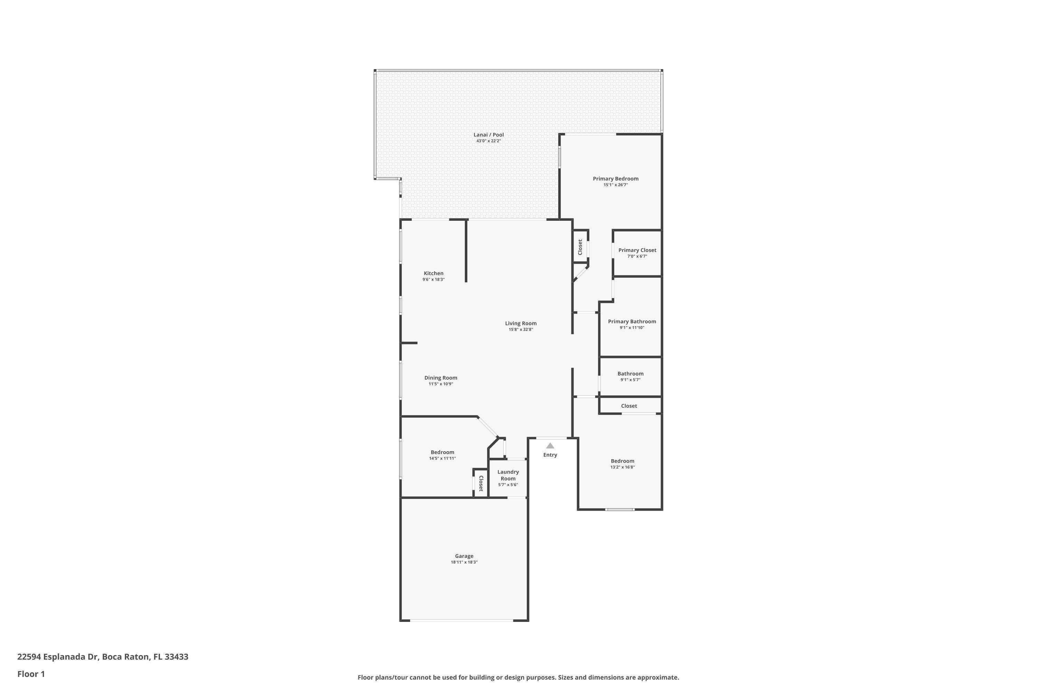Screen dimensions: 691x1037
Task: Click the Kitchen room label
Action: (x=433, y=273)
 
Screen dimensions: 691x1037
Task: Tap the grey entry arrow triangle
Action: (x=550, y=446)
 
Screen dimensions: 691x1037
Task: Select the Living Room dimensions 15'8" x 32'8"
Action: (x=521, y=330)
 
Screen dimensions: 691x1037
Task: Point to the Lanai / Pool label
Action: (x=488, y=135)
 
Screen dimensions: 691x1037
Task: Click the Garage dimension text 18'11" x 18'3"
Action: (x=464, y=562)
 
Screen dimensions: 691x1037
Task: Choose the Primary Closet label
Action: (x=637, y=250)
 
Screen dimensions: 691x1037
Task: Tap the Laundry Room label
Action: (x=508, y=475)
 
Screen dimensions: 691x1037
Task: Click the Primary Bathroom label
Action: (x=632, y=322)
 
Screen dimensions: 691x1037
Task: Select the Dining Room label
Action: (x=440, y=378)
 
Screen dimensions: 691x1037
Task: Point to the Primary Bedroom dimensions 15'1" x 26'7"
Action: (x=616, y=185)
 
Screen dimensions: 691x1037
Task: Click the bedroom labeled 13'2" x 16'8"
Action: (x=622, y=461)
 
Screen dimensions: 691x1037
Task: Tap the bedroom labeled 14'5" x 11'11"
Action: (x=442, y=452)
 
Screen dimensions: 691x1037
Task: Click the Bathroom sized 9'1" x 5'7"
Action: (x=630, y=374)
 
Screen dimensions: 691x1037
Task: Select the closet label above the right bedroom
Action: (x=629, y=406)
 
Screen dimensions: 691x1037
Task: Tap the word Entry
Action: (x=550, y=455)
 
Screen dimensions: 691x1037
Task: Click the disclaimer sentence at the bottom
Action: (x=518, y=677)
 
